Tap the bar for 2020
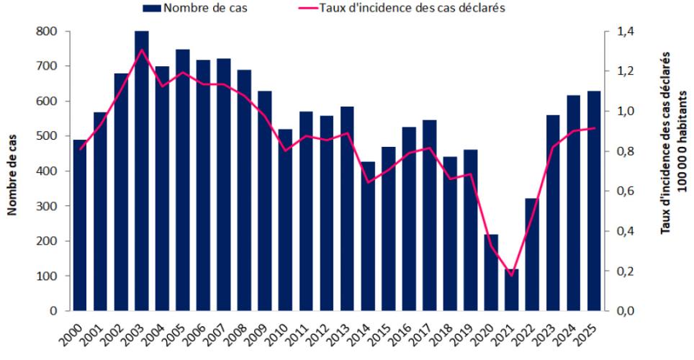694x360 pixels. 491,272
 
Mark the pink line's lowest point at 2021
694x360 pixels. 512,275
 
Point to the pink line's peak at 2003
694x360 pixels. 142,50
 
